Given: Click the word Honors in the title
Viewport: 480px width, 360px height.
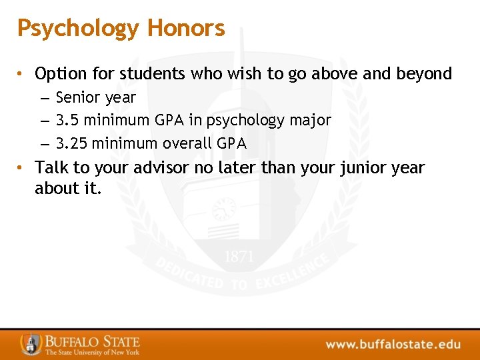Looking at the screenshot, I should pos(186,28).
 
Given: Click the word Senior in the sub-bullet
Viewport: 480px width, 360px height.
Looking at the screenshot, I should pos(77,98).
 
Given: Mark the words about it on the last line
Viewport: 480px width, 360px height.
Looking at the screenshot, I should pos(68,189).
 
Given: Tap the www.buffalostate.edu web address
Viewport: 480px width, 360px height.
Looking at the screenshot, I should pos(393,344).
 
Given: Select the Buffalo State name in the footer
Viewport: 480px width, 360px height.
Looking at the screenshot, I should pos(92,340).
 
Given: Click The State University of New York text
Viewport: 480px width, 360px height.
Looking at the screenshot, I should pos(92,352).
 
